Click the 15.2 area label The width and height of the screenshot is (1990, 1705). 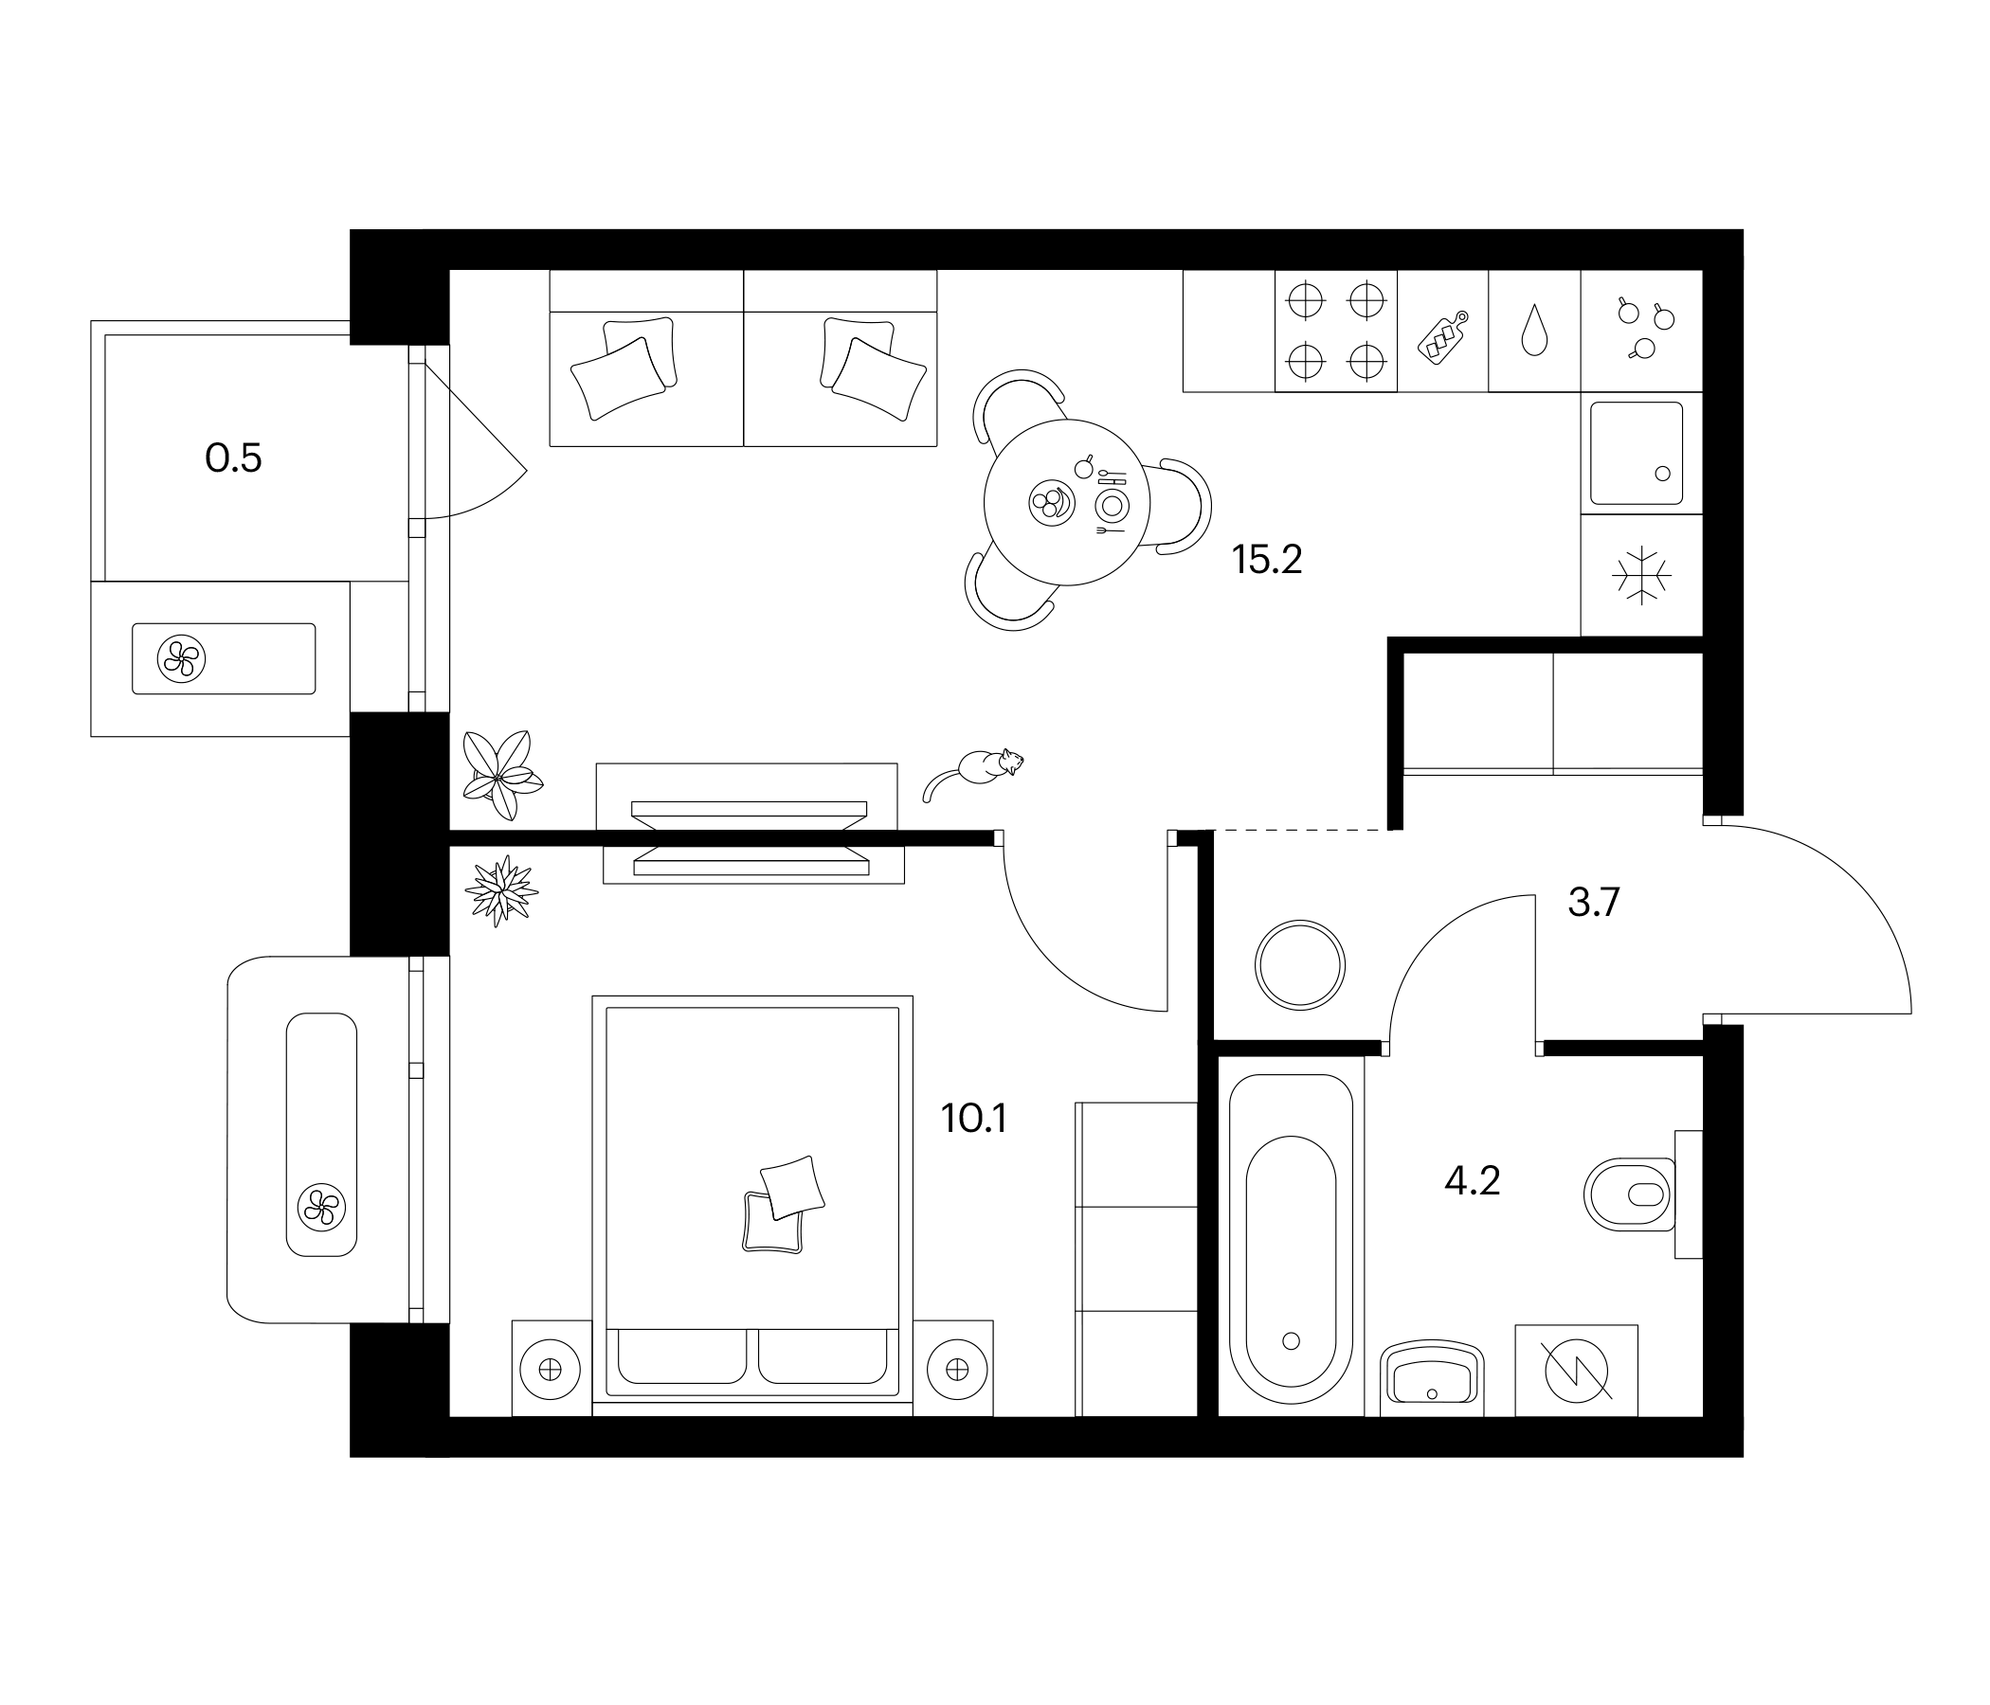click(1266, 559)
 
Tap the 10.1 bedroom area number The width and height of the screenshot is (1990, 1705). click(973, 1119)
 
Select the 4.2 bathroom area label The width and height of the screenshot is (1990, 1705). click(1472, 1181)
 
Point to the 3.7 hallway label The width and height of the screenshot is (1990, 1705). click(1593, 903)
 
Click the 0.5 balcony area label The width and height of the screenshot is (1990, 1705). click(233, 458)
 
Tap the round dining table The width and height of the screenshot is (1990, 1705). click(1066, 502)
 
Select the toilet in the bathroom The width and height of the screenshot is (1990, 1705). click(1629, 1194)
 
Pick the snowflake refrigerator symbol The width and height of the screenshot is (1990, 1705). click(1641, 575)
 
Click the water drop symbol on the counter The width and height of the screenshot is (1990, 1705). click(1535, 331)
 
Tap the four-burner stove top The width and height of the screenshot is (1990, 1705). click(1335, 332)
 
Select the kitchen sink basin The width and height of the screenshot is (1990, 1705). click(1637, 453)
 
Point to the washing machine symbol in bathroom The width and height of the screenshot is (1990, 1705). click(1576, 1370)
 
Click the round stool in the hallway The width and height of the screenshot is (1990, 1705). click(1300, 965)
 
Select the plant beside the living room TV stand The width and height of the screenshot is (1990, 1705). click(499, 775)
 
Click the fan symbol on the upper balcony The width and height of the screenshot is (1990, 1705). click(181, 659)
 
